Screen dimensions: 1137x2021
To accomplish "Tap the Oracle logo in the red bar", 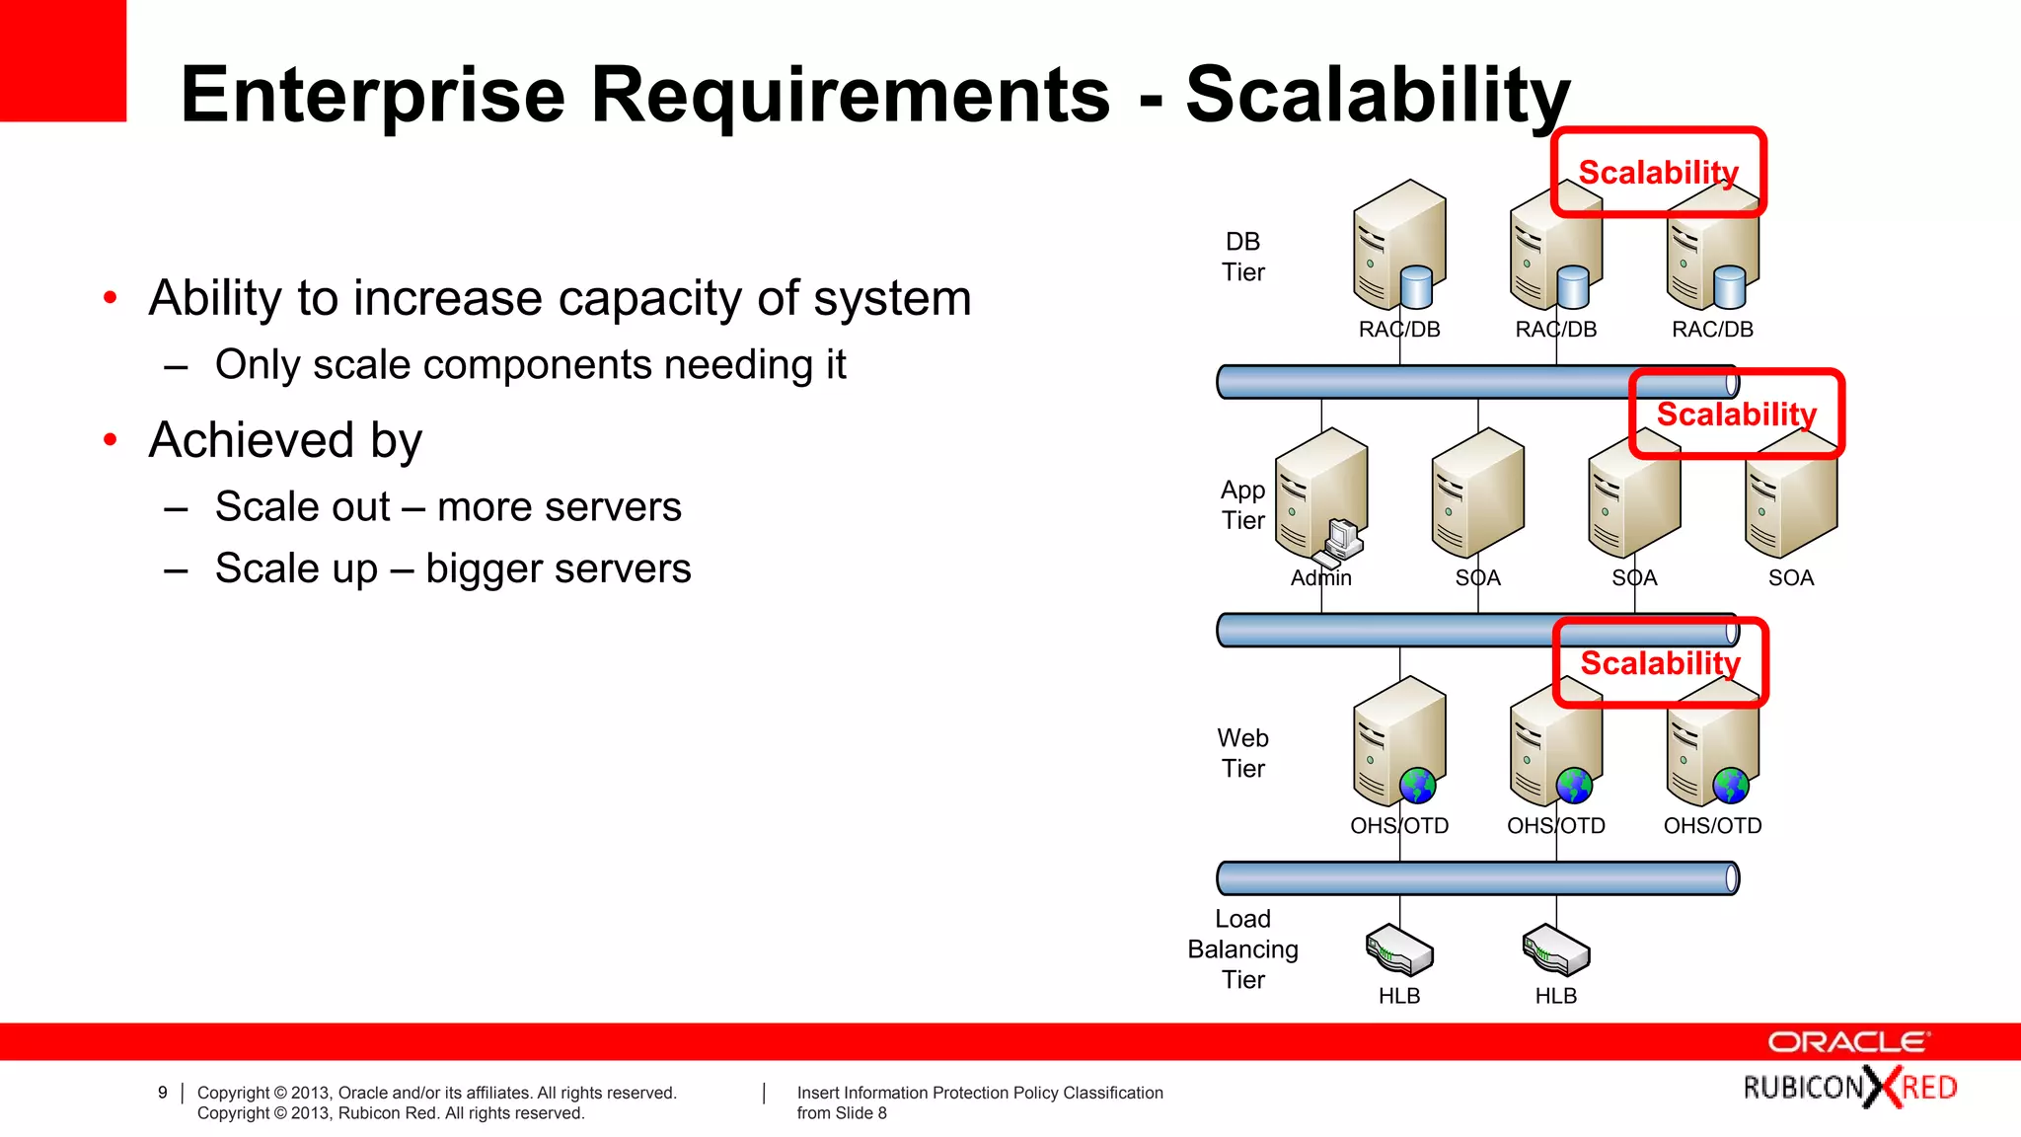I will pyautogui.click(x=1847, y=1042).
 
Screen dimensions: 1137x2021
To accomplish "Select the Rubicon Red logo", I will pyautogui.click(x=1849, y=1088).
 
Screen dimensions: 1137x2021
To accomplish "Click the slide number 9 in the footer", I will pyautogui.click(x=163, y=1093).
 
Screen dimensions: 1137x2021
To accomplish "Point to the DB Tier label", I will pyautogui.click(x=1242, y=257).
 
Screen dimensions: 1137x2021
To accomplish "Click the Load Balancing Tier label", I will pyautogui.click(x=1242, y=948).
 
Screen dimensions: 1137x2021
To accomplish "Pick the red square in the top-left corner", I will pyautogui.click(x=62, y=60).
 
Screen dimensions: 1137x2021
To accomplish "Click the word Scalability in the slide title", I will pyautogui.click(x=1377, y=96).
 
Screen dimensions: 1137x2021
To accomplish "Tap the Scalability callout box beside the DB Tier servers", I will pyautogui.click(x=1658, y=172).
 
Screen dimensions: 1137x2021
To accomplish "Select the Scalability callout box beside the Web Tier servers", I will pyautogui.click(x=1660, y=663).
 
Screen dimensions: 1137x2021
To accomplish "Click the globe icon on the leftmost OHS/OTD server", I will pyautogui.click(x=1417, y=787).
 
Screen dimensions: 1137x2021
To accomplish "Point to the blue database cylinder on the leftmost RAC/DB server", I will pyautogui.click(x=1416, y=287).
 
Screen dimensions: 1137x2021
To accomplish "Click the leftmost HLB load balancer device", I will pyautogui.click(x=1399, y=950).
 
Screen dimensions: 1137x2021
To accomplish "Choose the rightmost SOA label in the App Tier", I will pyautogui.click(x=1790, y=578).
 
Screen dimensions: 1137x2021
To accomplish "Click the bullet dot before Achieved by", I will pyautogui.click(x=111, y=440).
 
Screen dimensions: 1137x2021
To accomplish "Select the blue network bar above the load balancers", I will pyautogui.click(x=1476, y=877).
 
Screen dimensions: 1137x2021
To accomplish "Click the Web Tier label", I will pyautogui.click(x=1242, y=753).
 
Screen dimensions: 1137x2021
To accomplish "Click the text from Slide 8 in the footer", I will pyautogui.click(x=842, y=1113).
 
